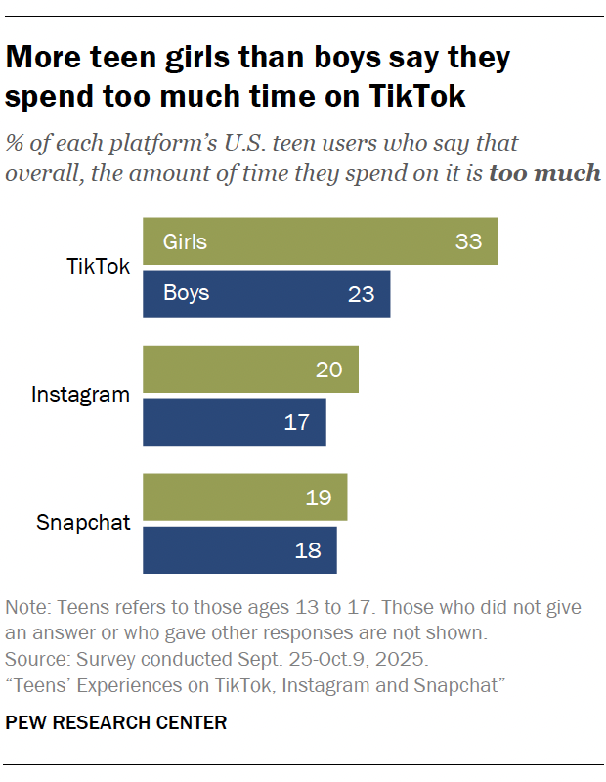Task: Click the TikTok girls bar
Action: click(321, 241)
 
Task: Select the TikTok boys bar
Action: click(266, 293)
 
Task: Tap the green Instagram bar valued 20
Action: click(250, 369)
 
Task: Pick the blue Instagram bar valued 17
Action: click(235, 421)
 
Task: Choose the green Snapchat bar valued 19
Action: click(244, 498)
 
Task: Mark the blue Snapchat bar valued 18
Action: click(239, 549)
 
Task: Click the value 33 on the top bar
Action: click(468, 241)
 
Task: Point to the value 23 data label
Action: click(361, 293)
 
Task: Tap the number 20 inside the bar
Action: click(329, 369)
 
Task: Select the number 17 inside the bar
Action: click(296, 422)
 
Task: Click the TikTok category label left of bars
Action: click(98, 267)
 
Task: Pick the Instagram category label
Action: click(80, 395)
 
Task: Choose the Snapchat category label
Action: click(83, 523)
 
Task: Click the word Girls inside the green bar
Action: click(186, 241)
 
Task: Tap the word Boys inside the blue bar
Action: click(187, 293)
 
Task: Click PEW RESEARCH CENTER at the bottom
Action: click(116, 723)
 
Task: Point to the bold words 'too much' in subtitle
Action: click(544, 173)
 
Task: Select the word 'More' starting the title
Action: click(47, 58)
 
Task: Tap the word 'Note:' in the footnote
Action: click(28, 607)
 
